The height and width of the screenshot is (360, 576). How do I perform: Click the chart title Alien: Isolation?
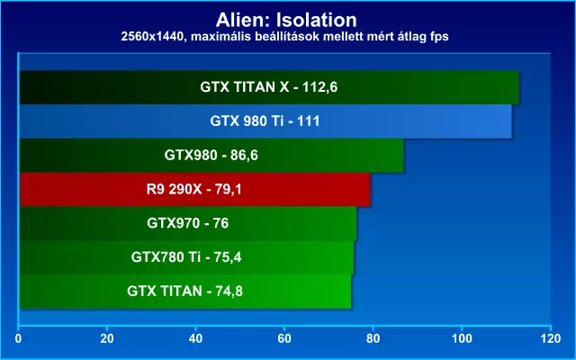[286, 20]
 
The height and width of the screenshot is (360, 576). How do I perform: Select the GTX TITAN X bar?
[269, 87]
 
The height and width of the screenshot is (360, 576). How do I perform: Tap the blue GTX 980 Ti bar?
[265, 121]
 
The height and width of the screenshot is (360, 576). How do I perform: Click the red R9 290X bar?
[194, 189]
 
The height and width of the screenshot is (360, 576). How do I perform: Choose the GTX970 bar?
[188, 223]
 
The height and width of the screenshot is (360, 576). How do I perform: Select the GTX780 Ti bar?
[186, 257]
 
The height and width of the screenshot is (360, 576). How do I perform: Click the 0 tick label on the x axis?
[18, 338]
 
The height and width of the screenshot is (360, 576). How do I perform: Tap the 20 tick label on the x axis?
[107, 338]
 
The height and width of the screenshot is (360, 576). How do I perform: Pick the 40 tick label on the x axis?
[195, 338]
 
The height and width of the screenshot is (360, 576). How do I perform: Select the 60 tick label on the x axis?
[284, 338]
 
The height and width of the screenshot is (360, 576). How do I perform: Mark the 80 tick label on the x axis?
[373, 338]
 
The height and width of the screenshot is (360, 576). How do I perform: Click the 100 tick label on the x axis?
[462, 338]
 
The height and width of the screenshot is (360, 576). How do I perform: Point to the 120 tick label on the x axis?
[551, 338]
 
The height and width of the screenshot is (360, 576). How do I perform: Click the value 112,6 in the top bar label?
[320, 87]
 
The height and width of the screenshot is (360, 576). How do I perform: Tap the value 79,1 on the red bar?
[228, 190]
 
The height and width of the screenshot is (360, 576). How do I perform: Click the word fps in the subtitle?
[438, 37]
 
